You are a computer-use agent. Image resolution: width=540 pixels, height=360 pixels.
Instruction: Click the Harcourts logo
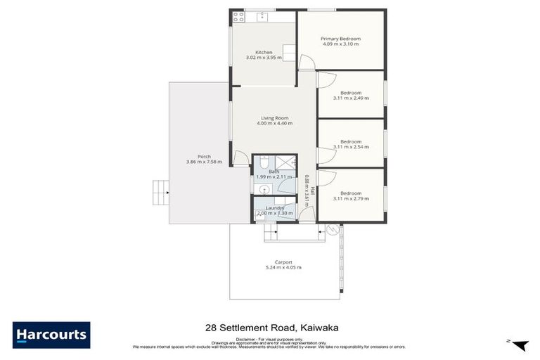click(51, 334)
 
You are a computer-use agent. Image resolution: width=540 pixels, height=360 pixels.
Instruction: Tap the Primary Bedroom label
click(340, 39)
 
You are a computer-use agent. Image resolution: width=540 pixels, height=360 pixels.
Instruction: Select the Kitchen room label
click(264, 52)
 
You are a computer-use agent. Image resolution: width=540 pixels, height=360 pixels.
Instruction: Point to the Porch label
click(204, 156)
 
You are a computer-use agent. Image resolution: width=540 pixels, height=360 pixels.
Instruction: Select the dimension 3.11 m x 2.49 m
click(351, 98)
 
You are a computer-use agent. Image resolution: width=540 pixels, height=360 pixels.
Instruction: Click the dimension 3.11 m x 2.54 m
click(351, 146)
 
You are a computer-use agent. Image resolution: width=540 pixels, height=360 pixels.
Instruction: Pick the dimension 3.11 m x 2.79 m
click(351, 198)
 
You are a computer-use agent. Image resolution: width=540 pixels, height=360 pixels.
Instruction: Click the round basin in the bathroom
click(261, 188)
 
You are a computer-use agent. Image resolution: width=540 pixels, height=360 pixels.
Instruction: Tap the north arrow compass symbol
click(520, 345)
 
